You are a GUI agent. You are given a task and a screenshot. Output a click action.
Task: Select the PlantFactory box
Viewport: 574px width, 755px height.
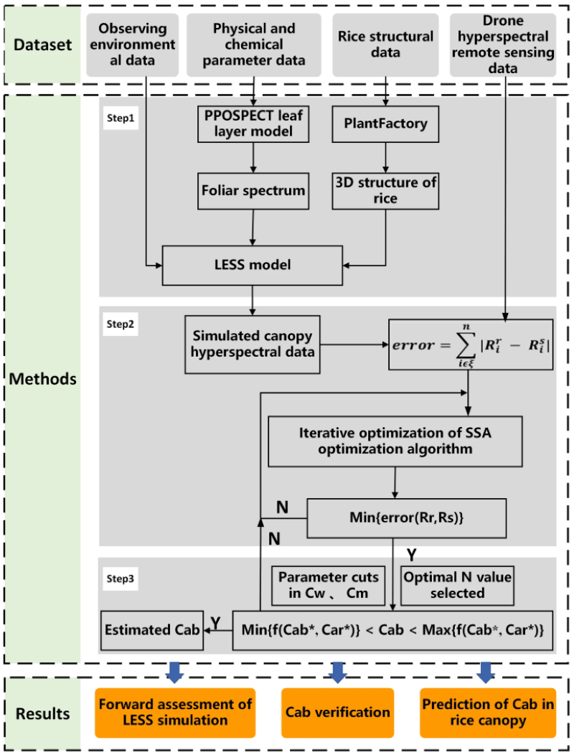387,124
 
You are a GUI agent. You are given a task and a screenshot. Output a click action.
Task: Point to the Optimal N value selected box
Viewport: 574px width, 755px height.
443,584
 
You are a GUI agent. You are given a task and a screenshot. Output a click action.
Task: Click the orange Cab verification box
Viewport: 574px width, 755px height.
337,712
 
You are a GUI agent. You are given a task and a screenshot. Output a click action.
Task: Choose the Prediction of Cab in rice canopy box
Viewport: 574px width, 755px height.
488,712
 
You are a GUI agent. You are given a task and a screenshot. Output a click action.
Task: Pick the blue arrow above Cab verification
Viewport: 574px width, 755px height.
337,672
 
